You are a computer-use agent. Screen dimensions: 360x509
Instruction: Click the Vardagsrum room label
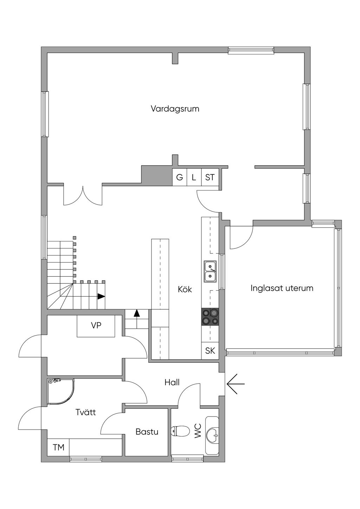click(x=175, y=109)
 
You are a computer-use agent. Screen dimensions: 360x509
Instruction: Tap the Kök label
click(x=185, y=289)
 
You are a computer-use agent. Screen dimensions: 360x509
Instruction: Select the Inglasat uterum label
click(x=282, y=288)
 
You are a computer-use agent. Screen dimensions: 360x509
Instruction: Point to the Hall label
click(x=172, y=382)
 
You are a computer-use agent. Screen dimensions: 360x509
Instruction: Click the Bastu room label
click(x=147, y=432)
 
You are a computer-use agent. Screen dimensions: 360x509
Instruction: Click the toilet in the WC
click(x=180, y=431)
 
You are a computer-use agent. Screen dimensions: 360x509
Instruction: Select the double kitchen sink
click(x=210, y=271)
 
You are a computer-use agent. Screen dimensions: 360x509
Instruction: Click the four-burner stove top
click(x=210, y=317)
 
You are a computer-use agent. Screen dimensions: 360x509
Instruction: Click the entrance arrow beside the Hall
click(x=236, y=384)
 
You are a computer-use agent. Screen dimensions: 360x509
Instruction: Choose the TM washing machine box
click(x=58, y=447)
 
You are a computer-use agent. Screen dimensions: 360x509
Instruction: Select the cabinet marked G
click(x=179, y=177)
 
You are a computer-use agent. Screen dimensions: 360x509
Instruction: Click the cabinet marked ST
click(x=210, y=177)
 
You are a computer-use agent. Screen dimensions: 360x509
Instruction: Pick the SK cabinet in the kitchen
click(x=210, y=350)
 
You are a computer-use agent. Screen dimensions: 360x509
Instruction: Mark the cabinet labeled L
click(x=194, y=177)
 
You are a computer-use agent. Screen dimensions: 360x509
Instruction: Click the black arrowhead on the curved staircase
click(x=101, y=296)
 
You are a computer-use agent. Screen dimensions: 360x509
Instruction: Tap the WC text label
click(x=198, y=431)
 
